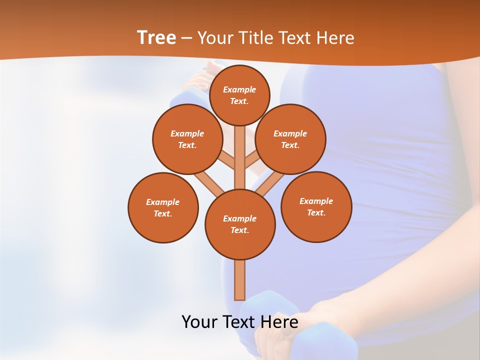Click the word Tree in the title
tap(156, 37)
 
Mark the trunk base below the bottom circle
tap(240, 280)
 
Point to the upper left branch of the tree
tap(227, 160)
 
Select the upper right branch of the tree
tap(252, 160)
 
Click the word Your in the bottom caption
tap(198, 321)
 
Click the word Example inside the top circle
tap(239, 89)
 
